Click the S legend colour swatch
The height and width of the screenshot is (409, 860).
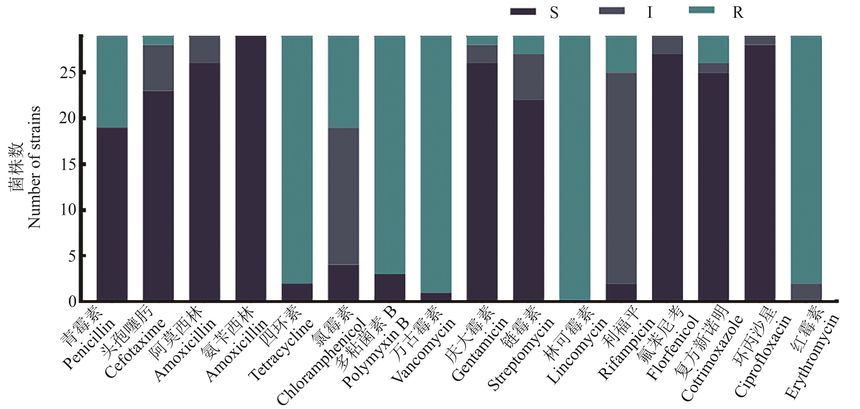click(x=523, y=12)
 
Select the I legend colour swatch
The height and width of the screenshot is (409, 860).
click(x=612, y=11)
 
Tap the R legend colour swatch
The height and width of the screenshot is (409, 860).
click(x=702, y=10)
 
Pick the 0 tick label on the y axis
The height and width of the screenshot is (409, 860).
click(x=72, y=302)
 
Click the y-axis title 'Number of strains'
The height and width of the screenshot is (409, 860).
click(x=34, y=167)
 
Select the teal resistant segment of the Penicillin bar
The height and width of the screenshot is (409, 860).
click(x=112, y=82)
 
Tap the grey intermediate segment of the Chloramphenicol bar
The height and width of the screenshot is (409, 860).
click(x=343, y=196)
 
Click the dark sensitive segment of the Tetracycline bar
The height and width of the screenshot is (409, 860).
click(x=297, y=292)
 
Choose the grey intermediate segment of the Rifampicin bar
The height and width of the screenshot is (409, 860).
click(x=621, y=178)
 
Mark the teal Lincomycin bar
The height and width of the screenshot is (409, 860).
click(x=574, y=167)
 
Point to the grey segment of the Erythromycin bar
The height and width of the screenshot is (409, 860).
click(x=806, y=292)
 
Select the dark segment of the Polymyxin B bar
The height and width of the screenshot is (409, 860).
click(x=390, y=287)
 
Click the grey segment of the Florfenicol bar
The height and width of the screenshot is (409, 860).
click(x=667, y=45)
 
